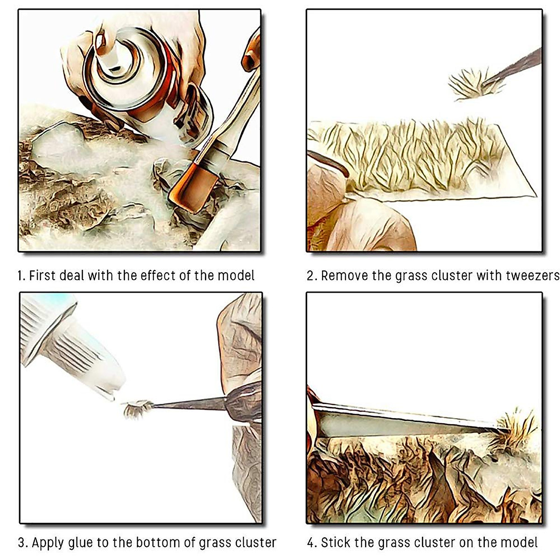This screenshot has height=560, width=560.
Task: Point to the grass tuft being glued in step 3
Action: click(x=137, y=408)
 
